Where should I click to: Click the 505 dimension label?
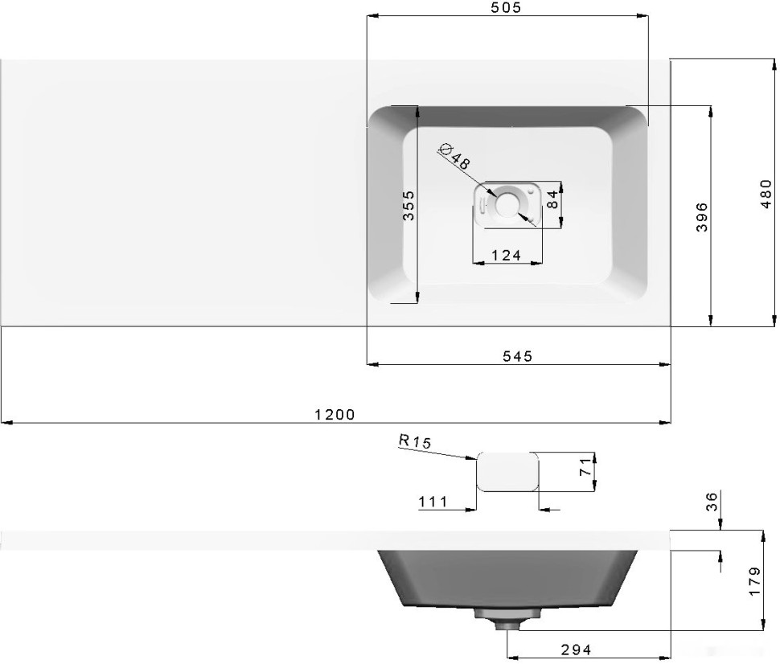click(x=506, y=7)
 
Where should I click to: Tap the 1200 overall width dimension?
click(x=335, y=414)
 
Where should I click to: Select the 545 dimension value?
click(x=517, y=356)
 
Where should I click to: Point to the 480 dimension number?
click(x=766, y=194)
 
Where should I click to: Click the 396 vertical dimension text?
click(x=702, y=217)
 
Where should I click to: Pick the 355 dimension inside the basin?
click(x=408, y=206)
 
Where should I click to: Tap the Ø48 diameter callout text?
click(x=454, y=156)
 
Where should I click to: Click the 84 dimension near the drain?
click(x=552, y=200)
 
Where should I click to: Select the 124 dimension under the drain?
click(x=507, y=255)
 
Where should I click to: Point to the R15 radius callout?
click(x=415, y=441)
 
